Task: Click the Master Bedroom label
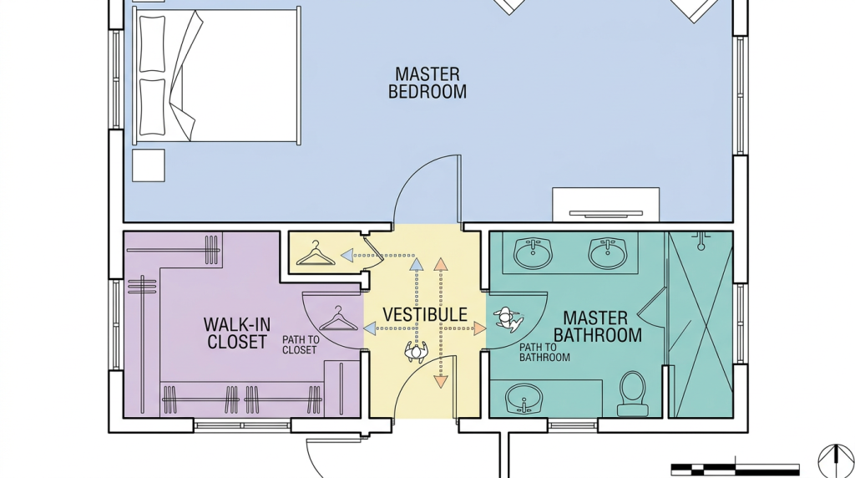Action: pos(427,83)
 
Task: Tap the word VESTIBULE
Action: pos(425,315)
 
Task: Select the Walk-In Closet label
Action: pos(236,333)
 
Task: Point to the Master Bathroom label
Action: pos(598,326)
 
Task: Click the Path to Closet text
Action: pos(301,345)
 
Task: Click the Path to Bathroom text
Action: pos(544,353)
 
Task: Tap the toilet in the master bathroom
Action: pos(633,394)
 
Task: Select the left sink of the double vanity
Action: pos(533,252)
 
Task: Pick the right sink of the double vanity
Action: pos(607,252)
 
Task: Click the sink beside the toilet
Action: pos(524,399)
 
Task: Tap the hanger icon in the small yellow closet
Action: pos(315,253)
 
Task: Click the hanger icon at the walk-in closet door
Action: pos(338,318)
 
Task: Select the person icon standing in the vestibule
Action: pos(416,352)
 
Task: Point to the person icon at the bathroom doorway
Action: pos(508,320)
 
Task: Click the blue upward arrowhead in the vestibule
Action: pos(416,265)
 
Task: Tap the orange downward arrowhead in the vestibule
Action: pos(441,382)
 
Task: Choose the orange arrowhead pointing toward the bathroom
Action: pos(480,328)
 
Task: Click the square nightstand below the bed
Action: pos(149,165)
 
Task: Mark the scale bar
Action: pos(735,470)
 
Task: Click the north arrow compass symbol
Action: pos(836,461)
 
